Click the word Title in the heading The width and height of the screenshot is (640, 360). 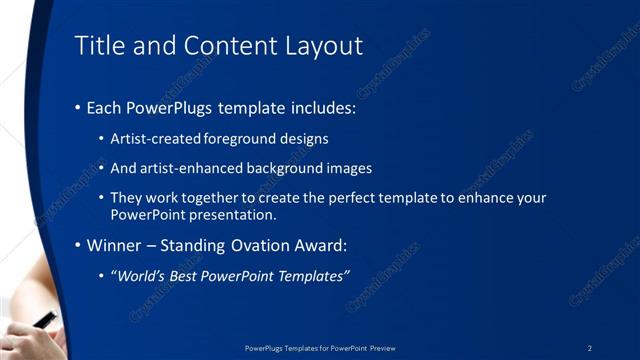pyautogui.click(x=98, y=46)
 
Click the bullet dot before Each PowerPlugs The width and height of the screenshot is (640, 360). pyautogui.click(x=79, y=107)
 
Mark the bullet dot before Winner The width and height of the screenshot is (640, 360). pyautogui.click(x=79, y=245)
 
